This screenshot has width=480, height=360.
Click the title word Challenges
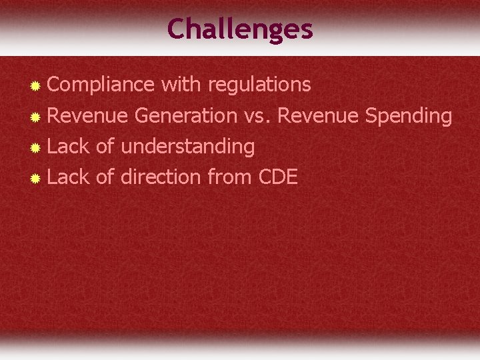[239, 29]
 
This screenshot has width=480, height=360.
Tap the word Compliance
[101, 85]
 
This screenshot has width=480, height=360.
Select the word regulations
[259, 85]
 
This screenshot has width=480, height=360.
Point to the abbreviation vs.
[257, 116]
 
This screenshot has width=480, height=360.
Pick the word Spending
[409, 116]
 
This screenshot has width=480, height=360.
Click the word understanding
[187, 147]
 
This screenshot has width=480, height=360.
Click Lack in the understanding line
[69, 147]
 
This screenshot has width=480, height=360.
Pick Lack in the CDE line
[69, 177]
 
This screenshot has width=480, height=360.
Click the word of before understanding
[105, 147]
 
